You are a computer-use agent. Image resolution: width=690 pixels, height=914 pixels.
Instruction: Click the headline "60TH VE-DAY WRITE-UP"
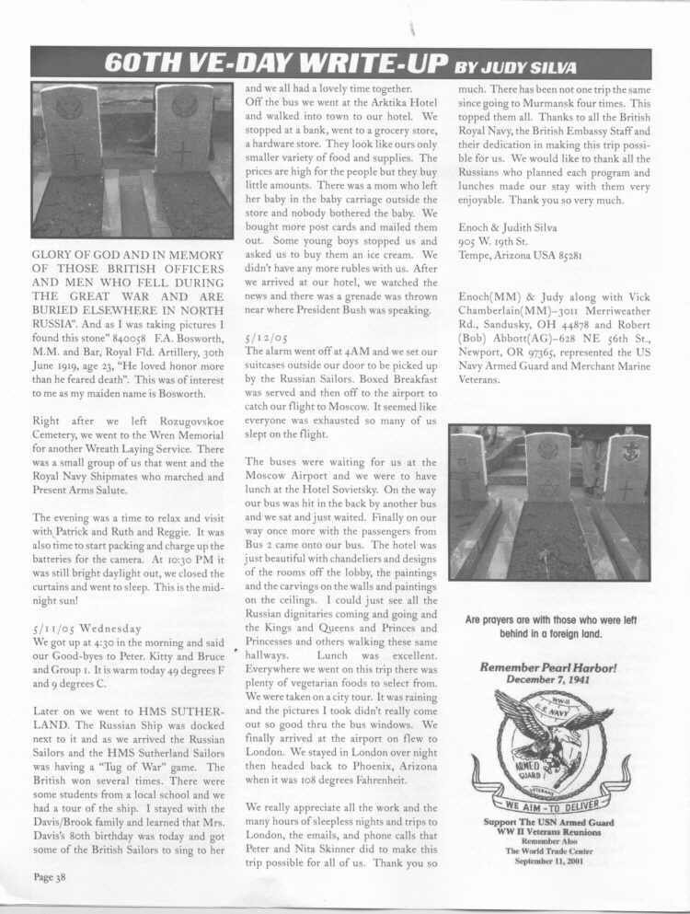275,63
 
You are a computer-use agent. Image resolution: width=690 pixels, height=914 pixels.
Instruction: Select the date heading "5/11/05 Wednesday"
86,629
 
